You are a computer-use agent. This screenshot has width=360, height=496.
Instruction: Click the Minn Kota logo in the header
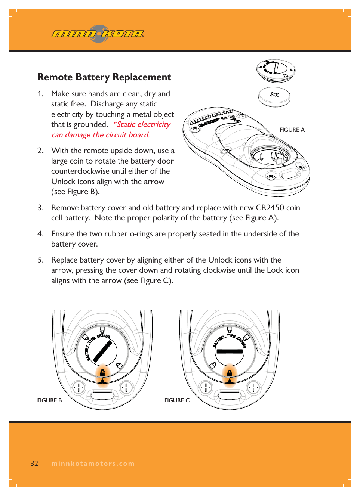pos(98,34)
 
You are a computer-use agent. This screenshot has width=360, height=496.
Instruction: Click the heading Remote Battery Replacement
pos(104,77)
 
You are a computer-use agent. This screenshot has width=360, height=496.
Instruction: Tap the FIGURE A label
pos(292,130)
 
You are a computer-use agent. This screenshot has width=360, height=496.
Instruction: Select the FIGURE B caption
pos(49,400)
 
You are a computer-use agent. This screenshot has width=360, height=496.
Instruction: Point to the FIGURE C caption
pos(177,400)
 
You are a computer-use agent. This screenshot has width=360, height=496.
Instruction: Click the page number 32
pos(34,463)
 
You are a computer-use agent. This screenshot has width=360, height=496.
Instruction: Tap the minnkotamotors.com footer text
pos(93,464)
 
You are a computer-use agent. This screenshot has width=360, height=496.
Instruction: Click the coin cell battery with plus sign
pos(274,96)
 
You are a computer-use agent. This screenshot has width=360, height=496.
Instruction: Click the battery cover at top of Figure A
pos(276,69)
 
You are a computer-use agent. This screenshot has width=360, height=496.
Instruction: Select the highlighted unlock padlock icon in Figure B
pos(102,372)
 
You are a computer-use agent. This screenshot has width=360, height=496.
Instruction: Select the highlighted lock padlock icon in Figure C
pos(230,372)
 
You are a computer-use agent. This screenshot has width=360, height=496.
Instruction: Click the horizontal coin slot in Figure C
pos(230,351)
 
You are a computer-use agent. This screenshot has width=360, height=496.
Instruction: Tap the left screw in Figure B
pos(79,388)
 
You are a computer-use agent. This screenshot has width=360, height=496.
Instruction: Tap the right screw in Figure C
pos(253,388)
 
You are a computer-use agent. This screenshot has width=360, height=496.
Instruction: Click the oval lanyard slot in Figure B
pos(102,396)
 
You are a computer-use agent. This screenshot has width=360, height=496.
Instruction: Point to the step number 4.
pos(40,234)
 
